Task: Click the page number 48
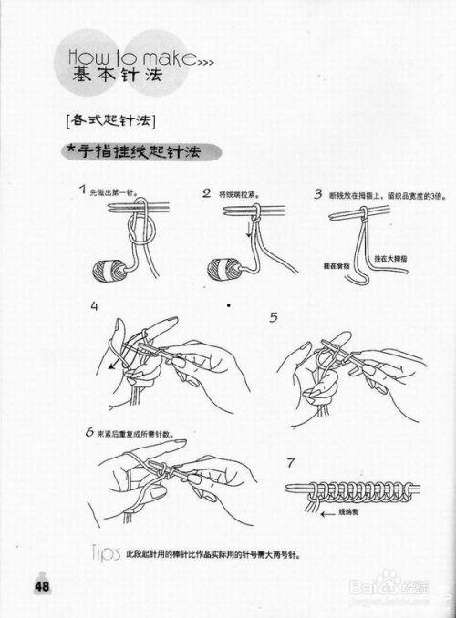point(42,586)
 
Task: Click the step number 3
point(317,193)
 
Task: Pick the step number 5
point(274,317)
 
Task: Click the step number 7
point(291,462)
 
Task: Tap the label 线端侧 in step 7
point(349,513)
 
